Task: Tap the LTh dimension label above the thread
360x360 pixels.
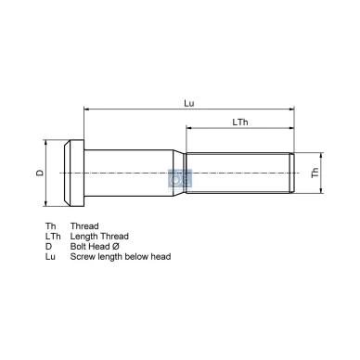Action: [x=240, y=122]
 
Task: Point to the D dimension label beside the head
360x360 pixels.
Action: [x=39, y=173]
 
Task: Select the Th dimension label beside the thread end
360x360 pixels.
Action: [x=315, y=173]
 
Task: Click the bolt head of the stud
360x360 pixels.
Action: [x=73, y=172]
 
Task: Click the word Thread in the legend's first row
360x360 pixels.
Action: [x=84, y=225]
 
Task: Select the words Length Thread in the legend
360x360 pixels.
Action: [x=99, y=236]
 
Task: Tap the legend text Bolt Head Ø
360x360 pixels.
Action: [x=96, y=246]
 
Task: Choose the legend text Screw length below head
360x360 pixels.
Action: [x=120, y=256]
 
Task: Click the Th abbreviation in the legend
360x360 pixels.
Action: [x=50, y=225]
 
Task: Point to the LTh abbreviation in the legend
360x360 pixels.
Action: [x=53, y=236]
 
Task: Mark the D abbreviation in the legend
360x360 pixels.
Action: [x=48, y=246]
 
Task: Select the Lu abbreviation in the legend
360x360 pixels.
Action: [x=50, y=256]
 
